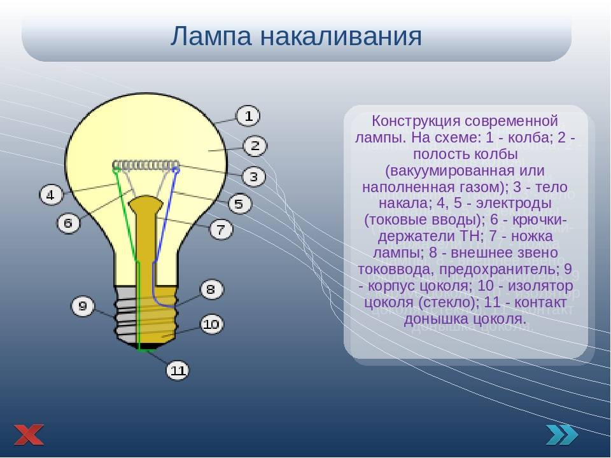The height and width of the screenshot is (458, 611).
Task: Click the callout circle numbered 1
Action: [248, 116]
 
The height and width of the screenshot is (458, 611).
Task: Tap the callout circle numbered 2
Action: [255, 146]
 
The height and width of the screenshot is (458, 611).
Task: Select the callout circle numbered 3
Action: [254, 177]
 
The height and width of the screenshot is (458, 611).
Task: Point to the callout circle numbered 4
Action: [51, 195]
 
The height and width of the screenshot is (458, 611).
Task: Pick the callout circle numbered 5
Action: [239, 204]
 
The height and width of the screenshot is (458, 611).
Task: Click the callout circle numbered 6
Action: [68, 223]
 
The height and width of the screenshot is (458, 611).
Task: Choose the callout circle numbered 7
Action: [221, 229]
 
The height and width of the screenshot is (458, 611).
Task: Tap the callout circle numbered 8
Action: [211, 289]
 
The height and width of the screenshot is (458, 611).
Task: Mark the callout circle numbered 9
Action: [83, 306]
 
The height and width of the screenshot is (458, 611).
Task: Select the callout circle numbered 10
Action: [211, 324]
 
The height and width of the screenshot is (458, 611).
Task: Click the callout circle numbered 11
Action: [178, 370]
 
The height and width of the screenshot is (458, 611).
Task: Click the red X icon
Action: [29, 434]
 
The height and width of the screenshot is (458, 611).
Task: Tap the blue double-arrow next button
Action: [561, 434]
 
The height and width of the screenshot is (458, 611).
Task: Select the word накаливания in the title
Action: [341, 37]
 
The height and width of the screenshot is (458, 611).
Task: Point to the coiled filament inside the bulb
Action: [146, 165]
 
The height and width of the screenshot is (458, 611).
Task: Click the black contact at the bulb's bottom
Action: [146, 346]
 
